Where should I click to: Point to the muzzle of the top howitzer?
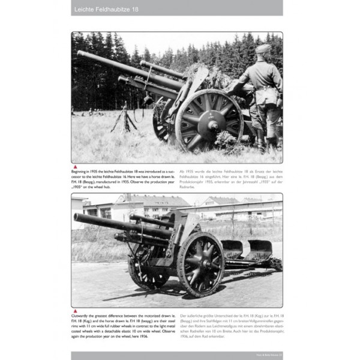[79, 54]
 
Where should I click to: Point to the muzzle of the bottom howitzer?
[76, 217]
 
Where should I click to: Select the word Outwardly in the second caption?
[85, 316]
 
